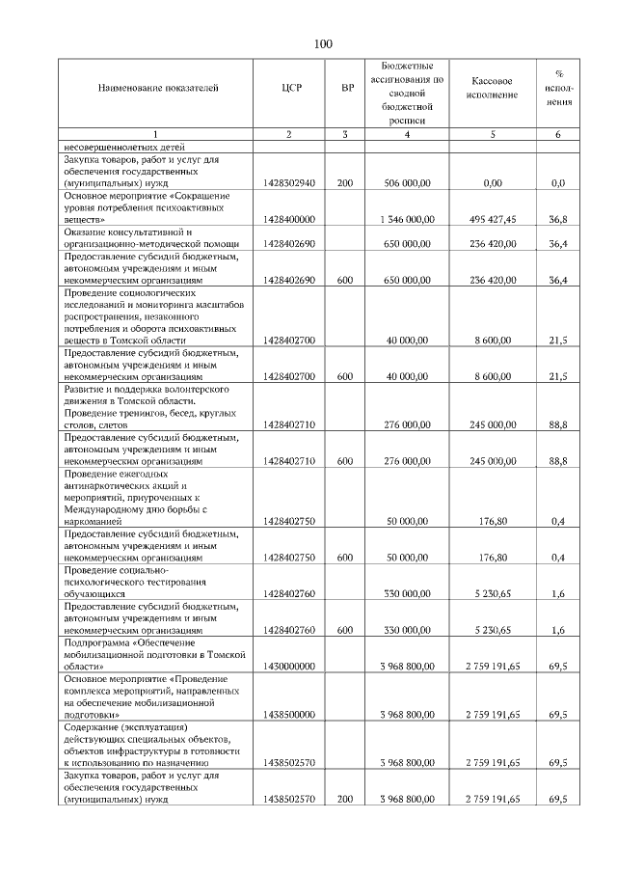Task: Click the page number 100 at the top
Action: [x=322, y=43]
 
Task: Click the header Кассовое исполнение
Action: [x=493, y=89]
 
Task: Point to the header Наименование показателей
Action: [x=158, y=88]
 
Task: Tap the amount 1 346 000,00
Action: [x=406, y=219]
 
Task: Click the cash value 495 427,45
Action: [x=493, y=219]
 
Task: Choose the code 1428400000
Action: [x=289, y=219]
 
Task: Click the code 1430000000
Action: [x=289, y=666]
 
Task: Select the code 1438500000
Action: [x=289, y=714]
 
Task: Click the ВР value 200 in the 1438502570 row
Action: [x=346, y=799]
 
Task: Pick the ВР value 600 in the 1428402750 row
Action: [x=346, y=558]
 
